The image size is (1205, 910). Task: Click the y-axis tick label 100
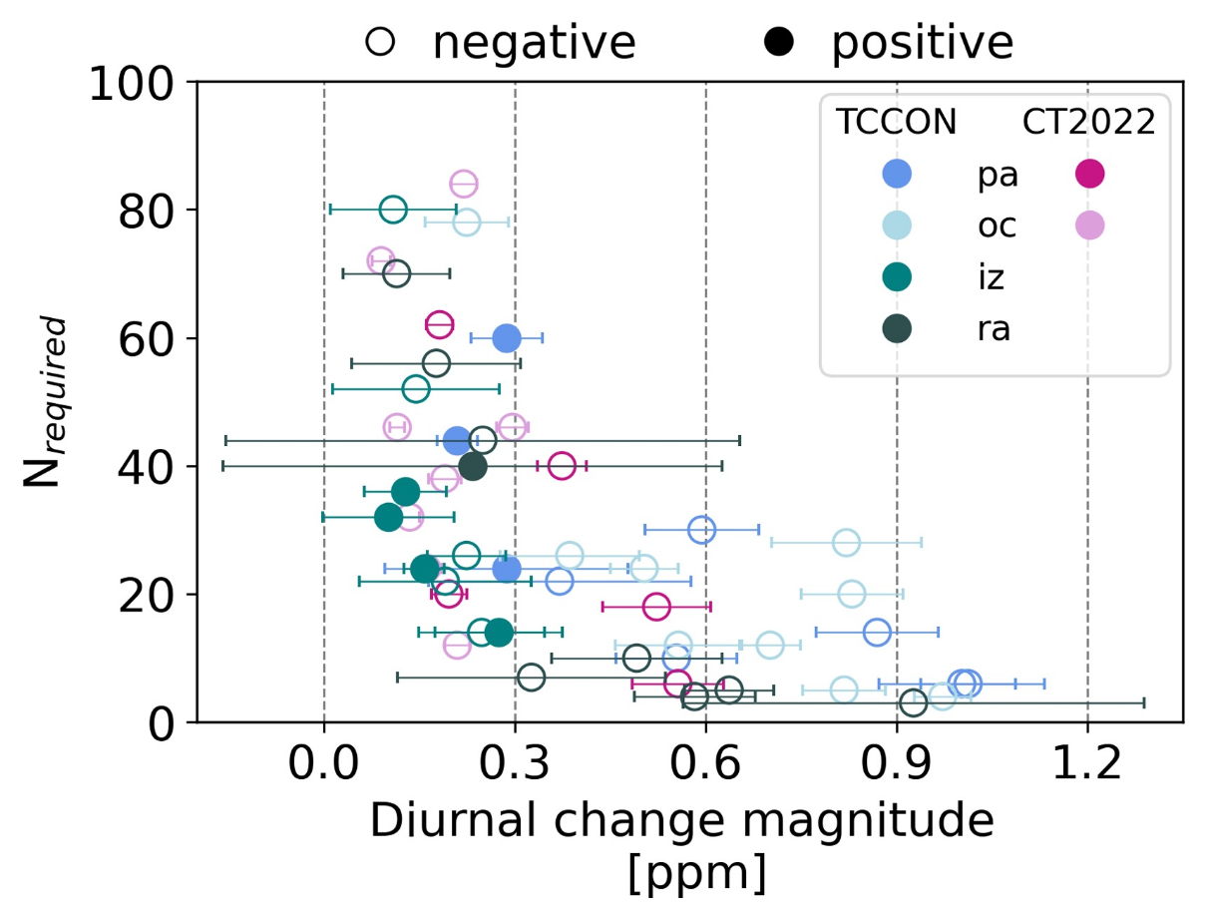pos(133,83)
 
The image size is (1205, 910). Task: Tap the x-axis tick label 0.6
pos(705,765)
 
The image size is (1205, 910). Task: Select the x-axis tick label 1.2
pos(1086,765)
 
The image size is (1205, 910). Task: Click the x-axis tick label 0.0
pos(324,765)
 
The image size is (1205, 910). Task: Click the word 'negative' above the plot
pos(534,42)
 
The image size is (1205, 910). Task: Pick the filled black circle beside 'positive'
pos(780,42)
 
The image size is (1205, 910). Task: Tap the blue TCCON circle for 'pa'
pos(896,175)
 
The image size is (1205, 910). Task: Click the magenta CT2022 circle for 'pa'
pos(1088,175)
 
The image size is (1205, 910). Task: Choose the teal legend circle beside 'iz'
pos(896,277)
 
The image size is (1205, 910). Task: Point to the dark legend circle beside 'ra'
pos(896,329)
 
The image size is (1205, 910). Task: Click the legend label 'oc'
pos(997,227)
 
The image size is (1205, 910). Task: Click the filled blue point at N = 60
pos(507,338)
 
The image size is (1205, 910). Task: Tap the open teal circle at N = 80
pos(393,210)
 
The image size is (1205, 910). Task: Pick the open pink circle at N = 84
pos(464,184)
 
